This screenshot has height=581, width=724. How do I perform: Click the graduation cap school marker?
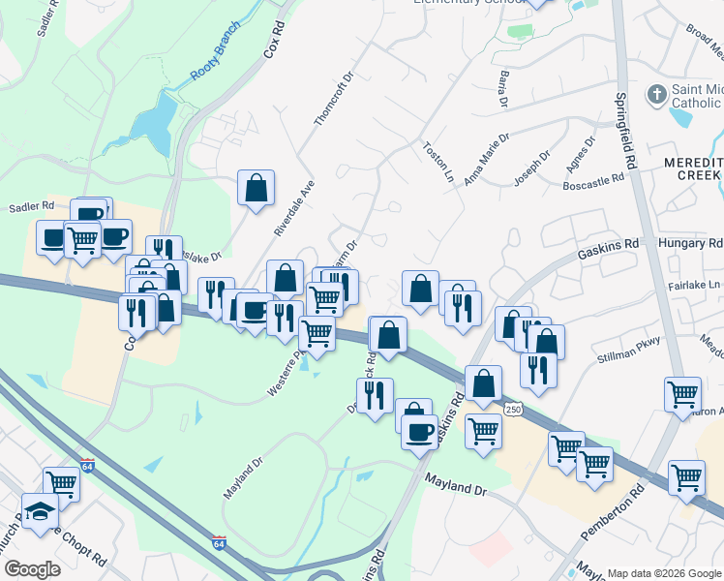point(41,510)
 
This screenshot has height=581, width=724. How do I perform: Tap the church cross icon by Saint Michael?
point(656,96)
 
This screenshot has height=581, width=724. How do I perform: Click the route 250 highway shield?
point(513,410)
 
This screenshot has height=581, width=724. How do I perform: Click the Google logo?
point(32,568)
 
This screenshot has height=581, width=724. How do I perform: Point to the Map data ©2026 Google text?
point(663,573)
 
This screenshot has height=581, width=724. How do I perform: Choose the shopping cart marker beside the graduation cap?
point(62,482)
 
